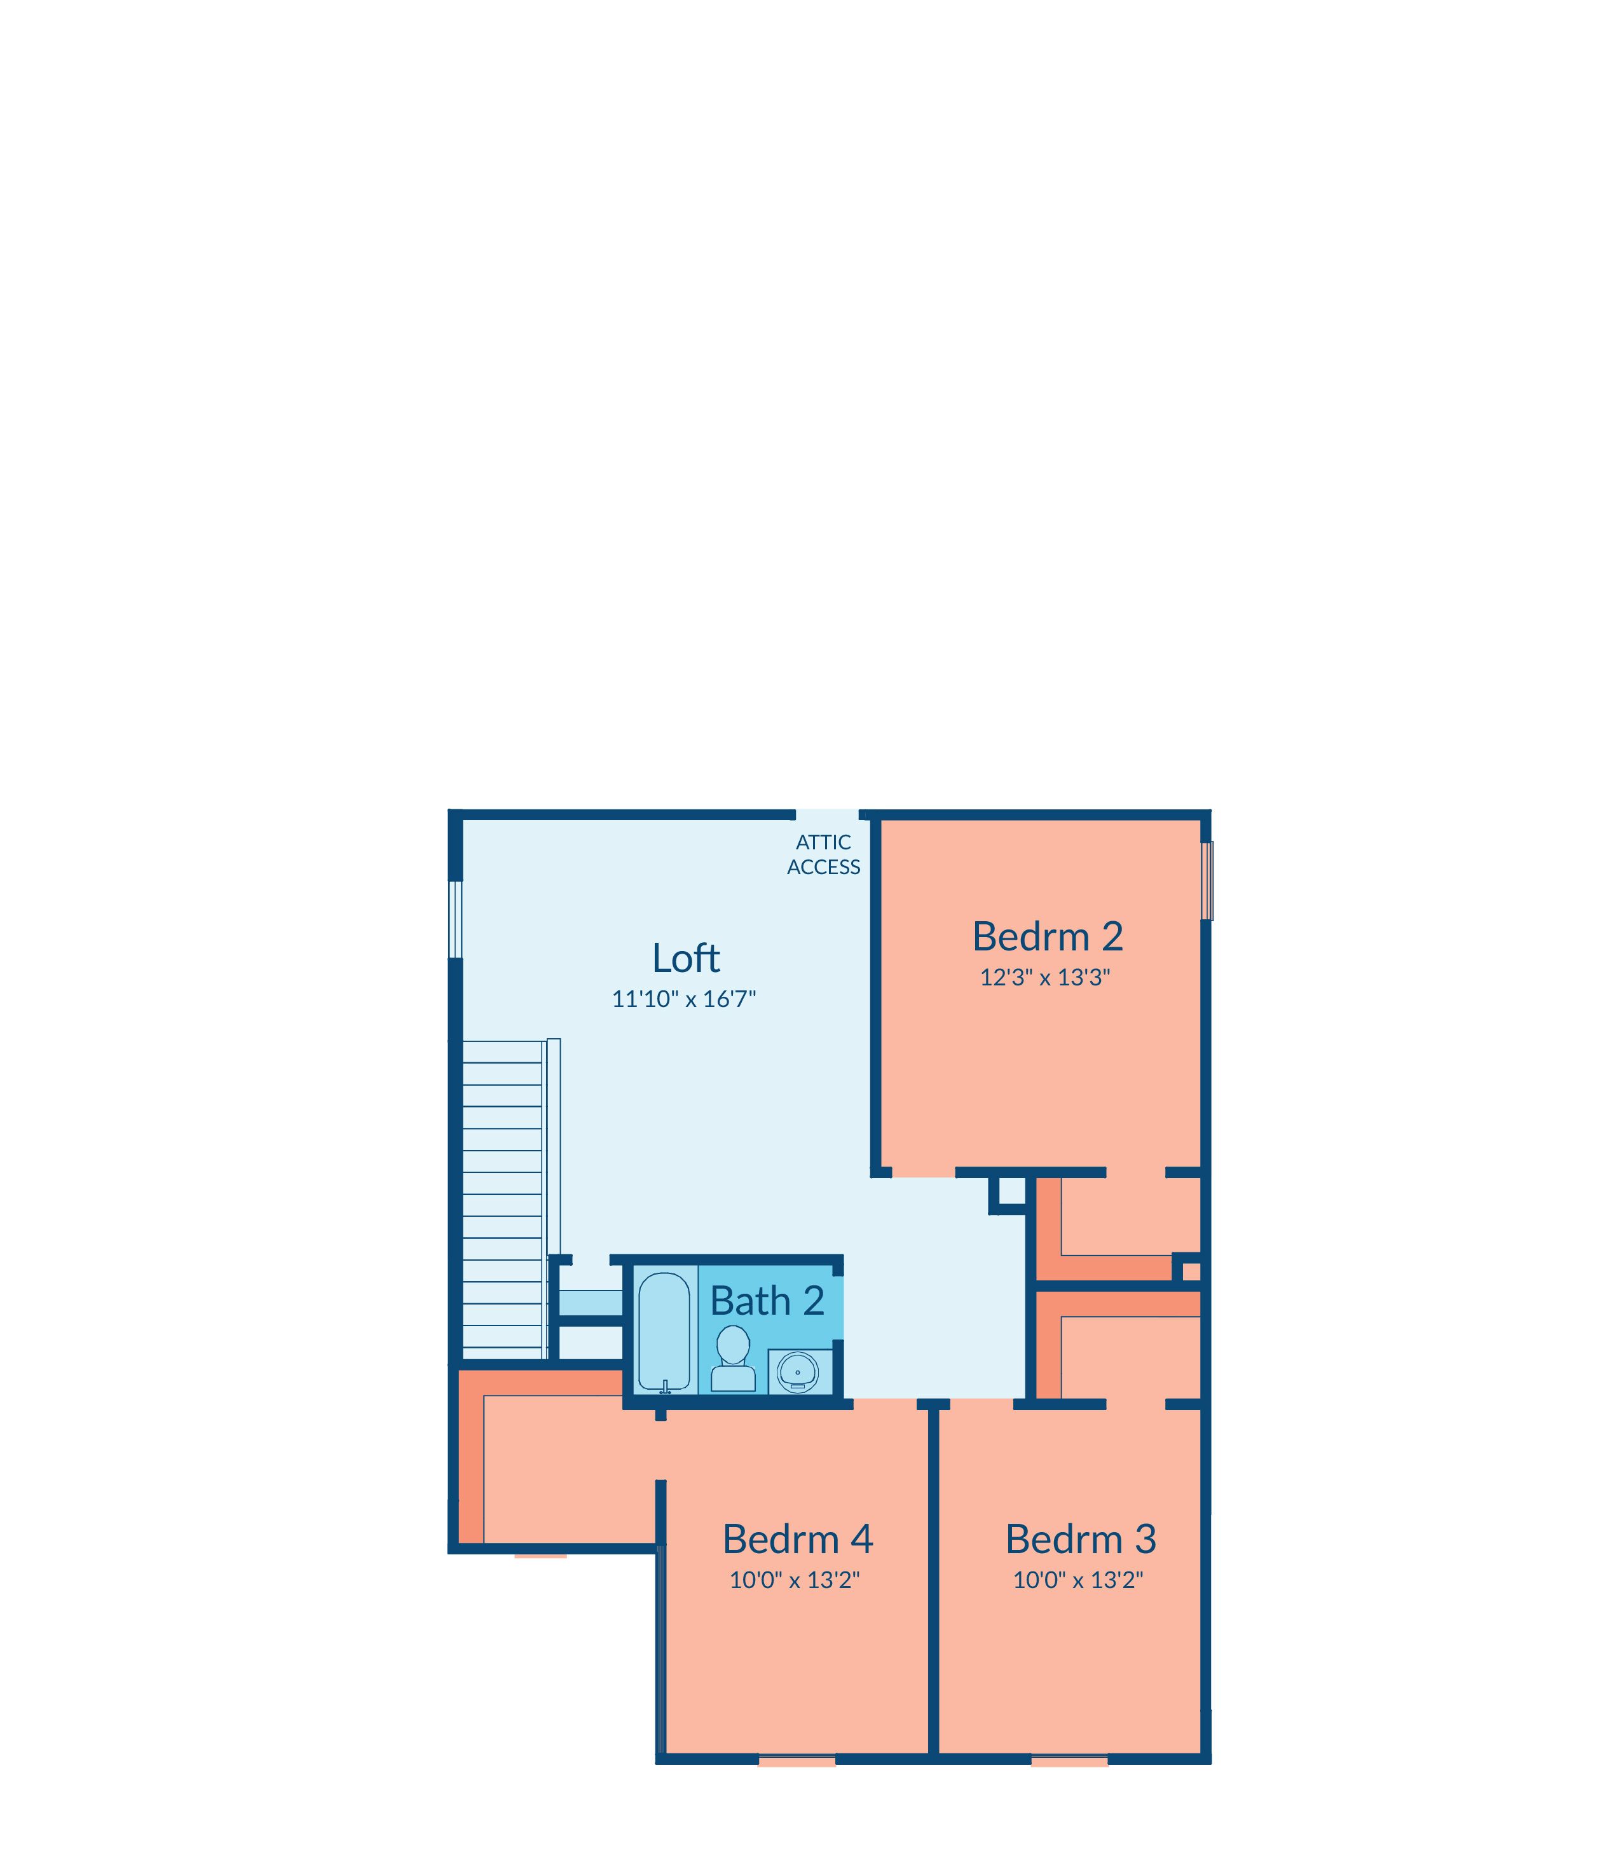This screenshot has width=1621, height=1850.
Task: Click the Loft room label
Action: (686, 958)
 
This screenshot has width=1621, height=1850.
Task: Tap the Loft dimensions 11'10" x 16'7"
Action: (684, 999)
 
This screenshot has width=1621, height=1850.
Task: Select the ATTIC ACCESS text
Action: (823, 854)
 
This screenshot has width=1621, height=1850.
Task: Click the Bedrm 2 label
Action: (1048, 936)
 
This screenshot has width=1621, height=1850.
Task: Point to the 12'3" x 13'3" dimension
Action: (1045, 977)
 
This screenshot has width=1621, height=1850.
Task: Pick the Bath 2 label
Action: (767, 1301)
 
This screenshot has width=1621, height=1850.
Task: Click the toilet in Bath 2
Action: (733, 1358)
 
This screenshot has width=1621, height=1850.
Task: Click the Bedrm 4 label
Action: (797, 1538)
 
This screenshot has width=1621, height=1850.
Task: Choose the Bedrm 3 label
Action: (1081, 1538)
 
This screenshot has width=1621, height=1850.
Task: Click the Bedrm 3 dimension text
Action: (1078, 1580)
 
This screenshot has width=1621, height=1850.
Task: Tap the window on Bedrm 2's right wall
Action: (1207, 880)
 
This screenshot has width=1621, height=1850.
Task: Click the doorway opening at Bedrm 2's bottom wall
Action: (924, 1172)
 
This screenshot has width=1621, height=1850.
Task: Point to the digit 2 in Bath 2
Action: (813, 1301)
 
